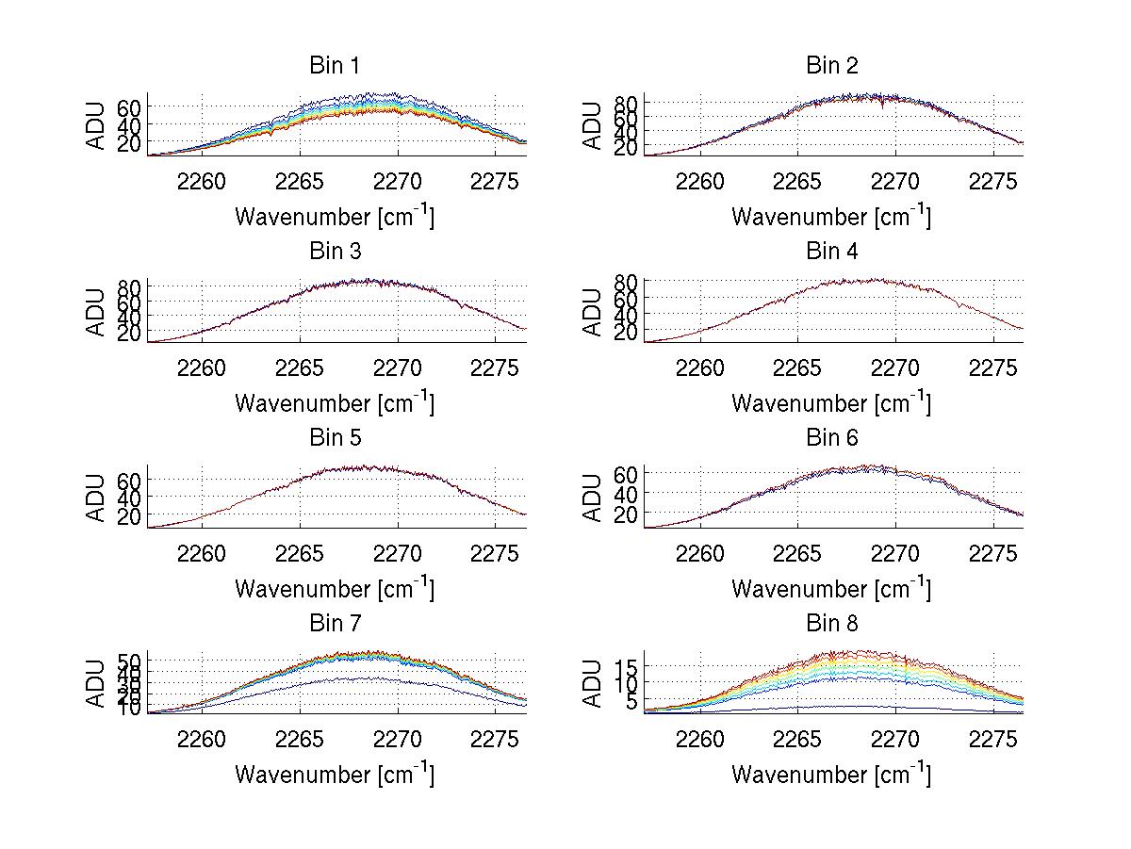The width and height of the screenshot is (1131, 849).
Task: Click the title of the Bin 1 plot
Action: point(335,66)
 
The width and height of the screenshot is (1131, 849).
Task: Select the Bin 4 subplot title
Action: point(831,252)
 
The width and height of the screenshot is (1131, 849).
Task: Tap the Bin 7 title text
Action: point(335,624)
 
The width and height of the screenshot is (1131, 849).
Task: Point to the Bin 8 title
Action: point(831,624)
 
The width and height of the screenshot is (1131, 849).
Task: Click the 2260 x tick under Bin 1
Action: point(201,181)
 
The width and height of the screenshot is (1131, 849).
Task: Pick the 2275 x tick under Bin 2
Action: point(993,181)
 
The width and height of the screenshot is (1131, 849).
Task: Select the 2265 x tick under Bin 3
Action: point(300,367)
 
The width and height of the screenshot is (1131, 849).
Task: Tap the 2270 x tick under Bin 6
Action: point(894,553)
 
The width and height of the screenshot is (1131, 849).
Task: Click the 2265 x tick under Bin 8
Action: point(796,739)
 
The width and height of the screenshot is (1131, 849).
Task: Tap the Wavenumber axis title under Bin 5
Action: point(335,589)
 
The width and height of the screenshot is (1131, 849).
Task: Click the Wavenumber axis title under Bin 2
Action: point(831,217)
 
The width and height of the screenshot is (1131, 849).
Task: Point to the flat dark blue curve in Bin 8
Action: point(848,706)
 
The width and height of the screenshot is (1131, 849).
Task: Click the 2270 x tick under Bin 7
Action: point(398,739)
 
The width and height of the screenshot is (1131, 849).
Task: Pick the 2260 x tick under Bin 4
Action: point(698,367)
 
